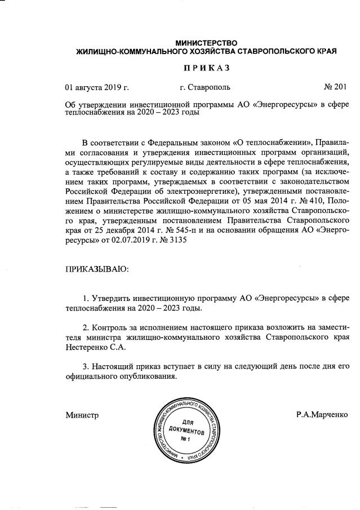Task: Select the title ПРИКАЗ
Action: pyautogui.click(x=207, y=68)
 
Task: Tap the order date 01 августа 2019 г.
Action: pyautogui.click(x=97, y=87)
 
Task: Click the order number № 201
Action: pyautogui.click(x=335, y=87)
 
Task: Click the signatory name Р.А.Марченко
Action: pyautogui.click(x=322, y=415)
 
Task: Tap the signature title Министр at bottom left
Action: pyautogui.click(x=82, y=415)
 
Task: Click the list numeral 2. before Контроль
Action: pyautogui.click(x=86, y=327)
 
